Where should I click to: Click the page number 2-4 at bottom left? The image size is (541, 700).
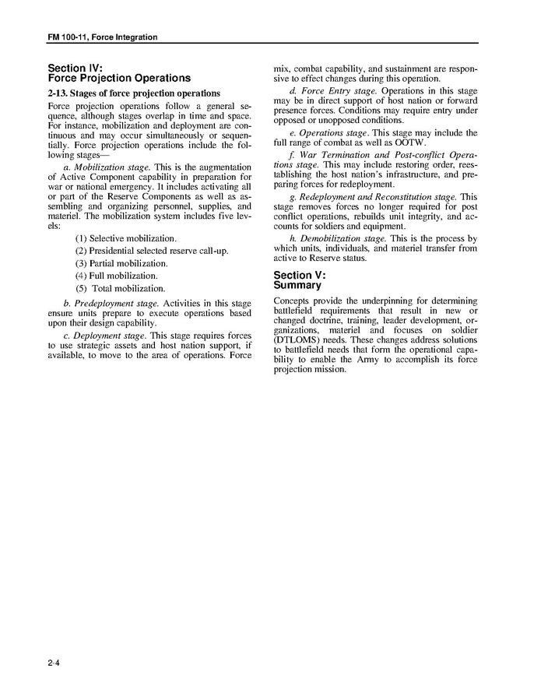[53, 663]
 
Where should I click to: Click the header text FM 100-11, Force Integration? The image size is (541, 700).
[103, 37]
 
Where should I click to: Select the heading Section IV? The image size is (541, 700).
[75, 68]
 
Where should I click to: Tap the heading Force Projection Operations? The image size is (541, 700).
[118, 78]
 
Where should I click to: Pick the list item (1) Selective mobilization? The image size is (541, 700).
[125, 237]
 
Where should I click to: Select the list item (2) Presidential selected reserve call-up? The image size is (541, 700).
[152, 251]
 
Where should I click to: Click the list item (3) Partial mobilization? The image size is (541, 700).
[121, 263]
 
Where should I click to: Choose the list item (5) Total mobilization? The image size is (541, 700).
[120, 289]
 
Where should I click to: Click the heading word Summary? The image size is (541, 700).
[297, 285]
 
